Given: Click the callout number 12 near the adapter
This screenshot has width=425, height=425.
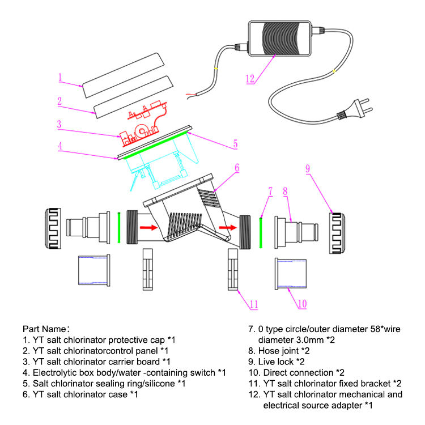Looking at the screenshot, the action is point(250,79).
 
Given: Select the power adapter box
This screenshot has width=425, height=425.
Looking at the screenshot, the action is point(279,39).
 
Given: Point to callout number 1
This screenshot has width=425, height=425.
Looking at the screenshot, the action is point(60,78).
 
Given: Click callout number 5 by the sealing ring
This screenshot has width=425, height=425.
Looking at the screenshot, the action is point(235,144).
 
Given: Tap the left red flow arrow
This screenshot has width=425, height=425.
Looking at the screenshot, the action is point(148,227).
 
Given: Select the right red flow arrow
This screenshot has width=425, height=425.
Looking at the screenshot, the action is point(228,227).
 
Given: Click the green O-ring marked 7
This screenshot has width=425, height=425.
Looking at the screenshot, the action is point(261,232).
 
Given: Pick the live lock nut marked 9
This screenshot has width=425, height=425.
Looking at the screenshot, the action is point(337,233).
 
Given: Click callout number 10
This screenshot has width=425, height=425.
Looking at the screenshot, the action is point(302,304).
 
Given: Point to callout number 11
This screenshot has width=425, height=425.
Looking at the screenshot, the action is point(254,304).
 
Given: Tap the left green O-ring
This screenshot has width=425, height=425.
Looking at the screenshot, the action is point(119,228).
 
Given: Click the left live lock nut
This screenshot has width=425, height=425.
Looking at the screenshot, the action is point(53,228).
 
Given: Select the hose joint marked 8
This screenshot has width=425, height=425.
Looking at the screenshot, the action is point(296,232).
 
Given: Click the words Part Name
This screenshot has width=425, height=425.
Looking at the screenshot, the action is point(44,329).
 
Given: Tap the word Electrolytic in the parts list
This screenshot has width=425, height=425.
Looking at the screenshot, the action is point(57,373).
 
